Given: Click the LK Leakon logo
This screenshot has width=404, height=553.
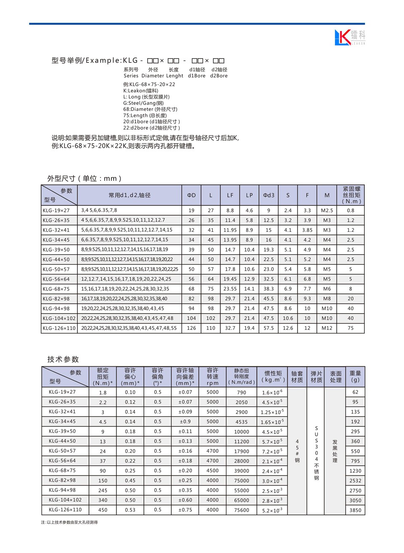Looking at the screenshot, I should pyautogui.click(x=350, y=37).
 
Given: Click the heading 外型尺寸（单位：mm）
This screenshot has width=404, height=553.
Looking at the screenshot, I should pyautogui.click(x=85, y=178).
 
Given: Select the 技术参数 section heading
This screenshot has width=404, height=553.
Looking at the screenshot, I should pyautogui.click(x=63, y=359).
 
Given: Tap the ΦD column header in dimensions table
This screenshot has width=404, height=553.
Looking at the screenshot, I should pyautogui.click(x=191, y=195).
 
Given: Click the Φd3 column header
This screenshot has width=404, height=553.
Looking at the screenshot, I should pyautogui.click(x=268, y=195).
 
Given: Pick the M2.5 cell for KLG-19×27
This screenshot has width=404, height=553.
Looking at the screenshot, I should pyautogui.click(x=327, y=210).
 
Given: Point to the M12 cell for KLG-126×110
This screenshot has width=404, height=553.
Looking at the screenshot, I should pyautogui.click(x=327, y=328).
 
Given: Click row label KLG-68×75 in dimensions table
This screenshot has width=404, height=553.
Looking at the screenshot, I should pyautogui.click(x=56, y=289).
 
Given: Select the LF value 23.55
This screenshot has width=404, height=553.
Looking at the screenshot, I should pyautogui.click(x=230, y=289).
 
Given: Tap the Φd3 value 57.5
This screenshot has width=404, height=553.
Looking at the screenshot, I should pyautogui.click(x=268, y=328).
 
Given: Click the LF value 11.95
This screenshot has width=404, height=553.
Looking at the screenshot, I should pyautogui.click(x=230, y=230).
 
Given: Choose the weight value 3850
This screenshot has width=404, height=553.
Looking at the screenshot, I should pyautogui.click(x=355, y=510).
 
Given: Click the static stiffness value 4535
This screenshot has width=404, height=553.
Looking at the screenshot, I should pyautogui.click(x=242, y=421).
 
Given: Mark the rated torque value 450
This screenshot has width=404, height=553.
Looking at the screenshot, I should pyautogui.click(x=103, y=510).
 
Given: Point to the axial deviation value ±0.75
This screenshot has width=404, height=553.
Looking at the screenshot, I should pyautogui.click(x=185, y=510).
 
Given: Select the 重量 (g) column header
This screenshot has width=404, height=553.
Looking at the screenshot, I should pyautogui.click(x=355, y=376).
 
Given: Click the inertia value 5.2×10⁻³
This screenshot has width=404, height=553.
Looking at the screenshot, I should pyautogui.click(x=272, y=510).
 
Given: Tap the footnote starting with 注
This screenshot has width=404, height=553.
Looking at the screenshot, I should pyautogui.click(x=69, y=522).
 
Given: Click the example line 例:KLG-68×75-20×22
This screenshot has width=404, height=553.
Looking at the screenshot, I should pyautogui.click(x=149, y=84).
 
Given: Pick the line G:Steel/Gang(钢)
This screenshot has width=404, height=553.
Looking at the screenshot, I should pyautogui.click(x=144, y=103).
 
